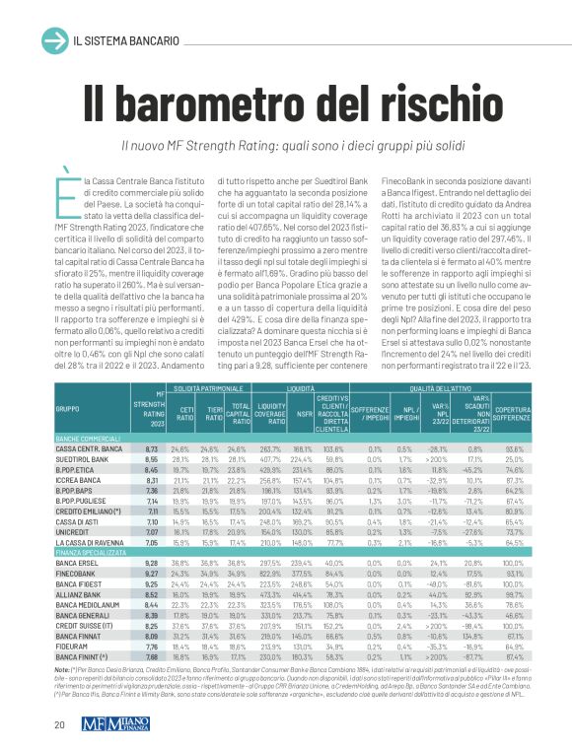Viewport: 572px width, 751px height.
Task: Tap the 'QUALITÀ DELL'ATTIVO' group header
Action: pyautogui.click(x=450, y=389)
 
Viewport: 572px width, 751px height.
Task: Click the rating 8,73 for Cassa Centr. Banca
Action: pyautogui.click(x=152, y=449)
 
